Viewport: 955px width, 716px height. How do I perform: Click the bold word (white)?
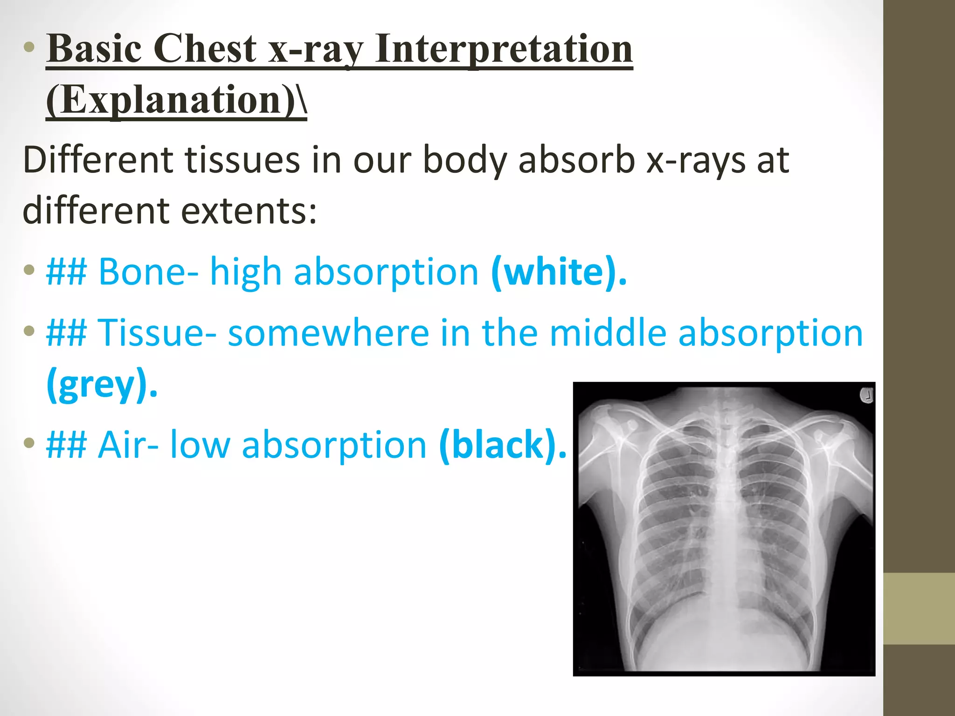click(559, 272)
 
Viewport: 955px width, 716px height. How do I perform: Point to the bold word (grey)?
click(102, 384)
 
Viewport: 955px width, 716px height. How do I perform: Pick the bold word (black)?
click(502, 445)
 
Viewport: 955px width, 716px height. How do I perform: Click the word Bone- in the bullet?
click(148, 272)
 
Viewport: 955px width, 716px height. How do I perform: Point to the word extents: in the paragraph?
click(249, 211)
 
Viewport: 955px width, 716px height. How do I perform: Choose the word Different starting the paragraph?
click(98, 160)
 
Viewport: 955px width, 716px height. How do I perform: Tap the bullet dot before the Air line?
click(29, 442)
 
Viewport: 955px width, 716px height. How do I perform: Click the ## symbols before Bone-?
click(66, 272)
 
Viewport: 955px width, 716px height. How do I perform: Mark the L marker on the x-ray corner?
click(866, 395)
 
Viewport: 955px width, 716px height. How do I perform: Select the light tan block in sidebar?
click(919, 608)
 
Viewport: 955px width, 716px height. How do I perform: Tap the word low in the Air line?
click(200, 445)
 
